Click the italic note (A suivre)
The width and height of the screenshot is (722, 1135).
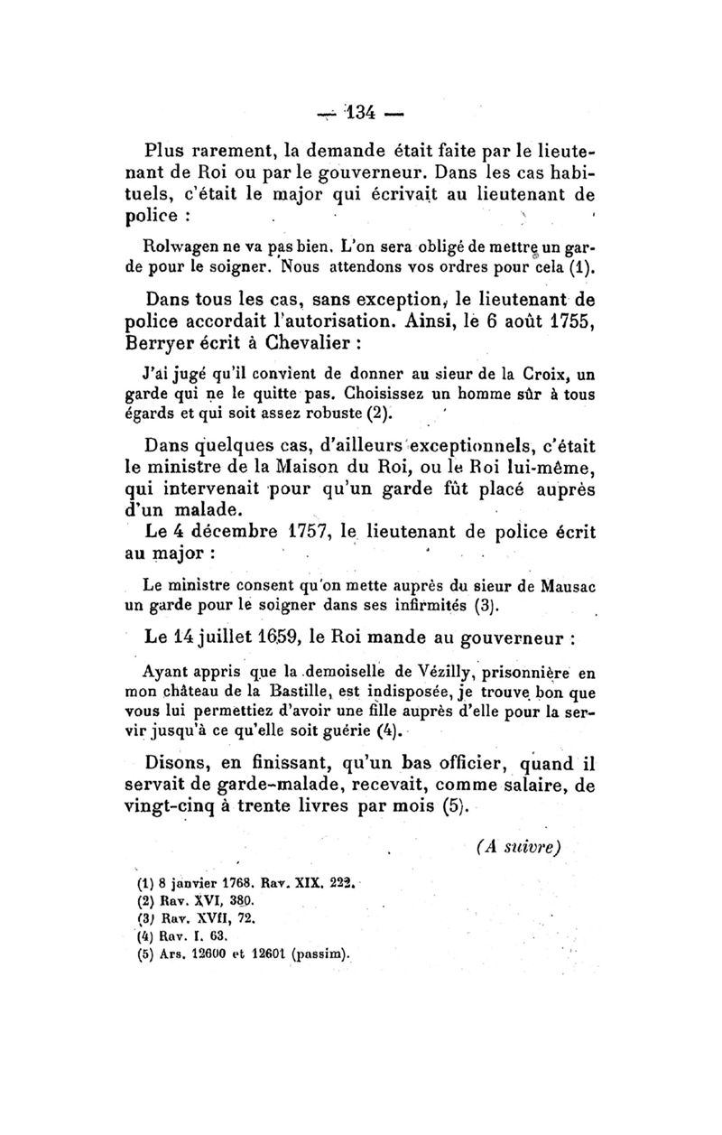[x=516, y=848]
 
